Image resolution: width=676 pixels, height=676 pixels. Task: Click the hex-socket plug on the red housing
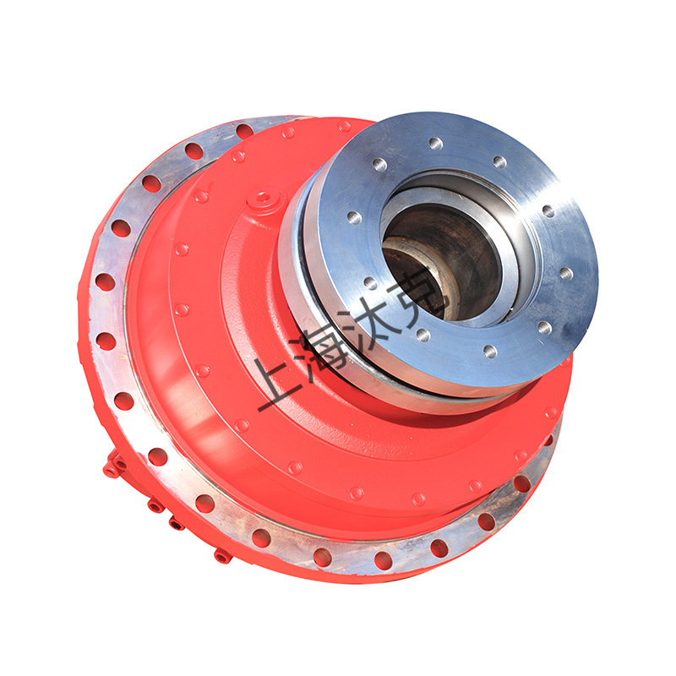(264, 199)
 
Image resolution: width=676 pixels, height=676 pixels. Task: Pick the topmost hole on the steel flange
(436, 143)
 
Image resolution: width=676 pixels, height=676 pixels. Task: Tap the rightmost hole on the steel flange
(565, 273)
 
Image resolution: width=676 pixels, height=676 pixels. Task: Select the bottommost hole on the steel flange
(490, 352)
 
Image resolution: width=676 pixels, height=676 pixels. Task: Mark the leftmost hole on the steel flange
(354, 218)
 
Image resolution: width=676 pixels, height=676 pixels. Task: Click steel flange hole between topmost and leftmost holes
(379, 164)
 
